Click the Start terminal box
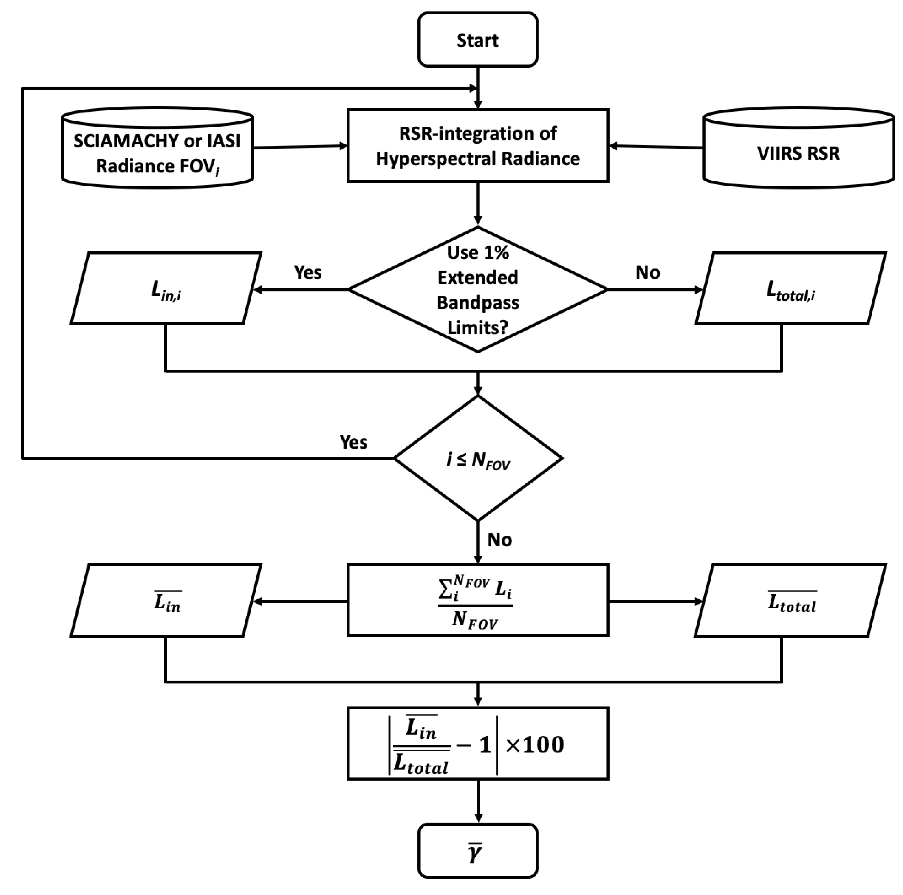477,40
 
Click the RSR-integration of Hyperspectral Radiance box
477,145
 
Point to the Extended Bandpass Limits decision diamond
477,290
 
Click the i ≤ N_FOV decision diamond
477,458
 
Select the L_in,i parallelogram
166,288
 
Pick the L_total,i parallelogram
790,288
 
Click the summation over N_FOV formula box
477,600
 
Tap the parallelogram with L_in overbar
166,600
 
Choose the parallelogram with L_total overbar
790,600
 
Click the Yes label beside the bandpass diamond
308,272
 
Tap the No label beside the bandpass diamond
647,272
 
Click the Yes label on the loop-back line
353,442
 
